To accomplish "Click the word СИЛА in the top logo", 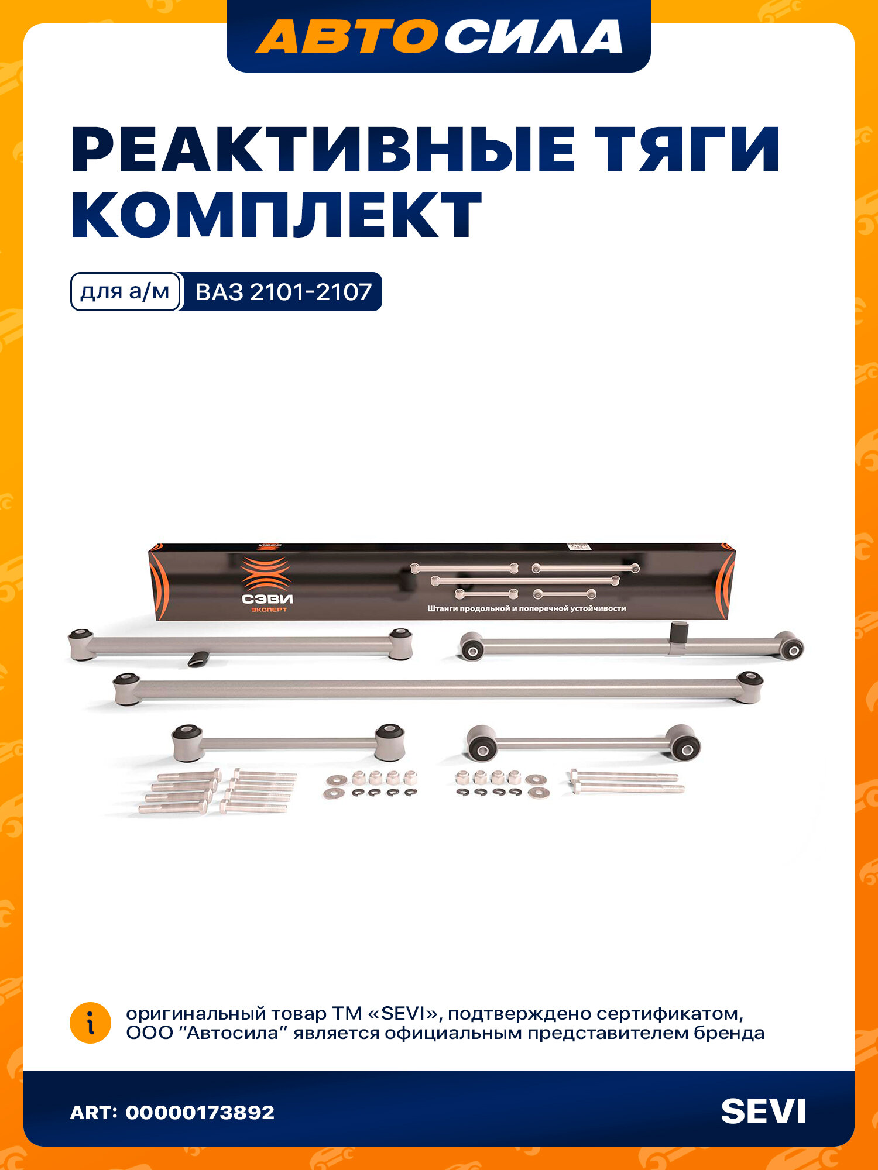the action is [533, 36].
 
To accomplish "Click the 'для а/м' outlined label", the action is [125, 291].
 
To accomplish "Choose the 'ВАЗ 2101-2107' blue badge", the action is [283, 291].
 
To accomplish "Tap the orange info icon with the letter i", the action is [90, 1023].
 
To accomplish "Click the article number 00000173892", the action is [200, 1112].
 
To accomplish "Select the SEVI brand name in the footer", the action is [763, 1111].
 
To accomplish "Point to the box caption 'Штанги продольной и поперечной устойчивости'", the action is [526, 608].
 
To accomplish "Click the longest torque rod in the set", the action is [438, 689].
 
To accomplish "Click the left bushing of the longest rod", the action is [126, 689].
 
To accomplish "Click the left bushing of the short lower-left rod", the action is [187, 741].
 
